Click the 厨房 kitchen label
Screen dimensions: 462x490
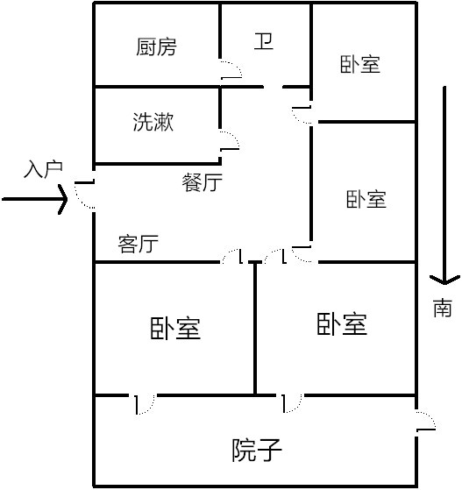[156, 46]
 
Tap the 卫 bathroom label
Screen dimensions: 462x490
[264, 41]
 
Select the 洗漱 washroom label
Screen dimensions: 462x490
[153, 122]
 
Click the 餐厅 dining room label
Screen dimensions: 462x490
[202, 182]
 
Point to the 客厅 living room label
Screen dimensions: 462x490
[139, 244]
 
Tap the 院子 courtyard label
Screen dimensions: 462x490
[257, 450]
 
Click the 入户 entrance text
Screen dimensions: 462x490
[43, 170]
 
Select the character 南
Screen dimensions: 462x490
[443, 308]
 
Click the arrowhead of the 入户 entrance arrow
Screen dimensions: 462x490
[63, 199]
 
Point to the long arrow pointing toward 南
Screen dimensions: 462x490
[444, 186]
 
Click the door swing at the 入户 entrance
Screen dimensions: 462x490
[84, 195]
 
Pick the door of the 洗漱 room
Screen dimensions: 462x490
[230, 140]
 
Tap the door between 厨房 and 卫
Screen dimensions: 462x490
[231, 69]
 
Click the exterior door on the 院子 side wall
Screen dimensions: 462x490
[426, 421]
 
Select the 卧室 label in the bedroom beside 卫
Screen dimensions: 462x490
[360, 64]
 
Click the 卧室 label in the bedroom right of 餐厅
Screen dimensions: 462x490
[366, 199]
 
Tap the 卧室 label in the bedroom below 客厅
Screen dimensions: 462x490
[175, 328]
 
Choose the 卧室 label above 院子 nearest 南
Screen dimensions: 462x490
[342, 323]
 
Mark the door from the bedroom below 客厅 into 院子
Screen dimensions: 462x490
[145, 404]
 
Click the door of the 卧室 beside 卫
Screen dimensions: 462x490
[302, 115]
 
